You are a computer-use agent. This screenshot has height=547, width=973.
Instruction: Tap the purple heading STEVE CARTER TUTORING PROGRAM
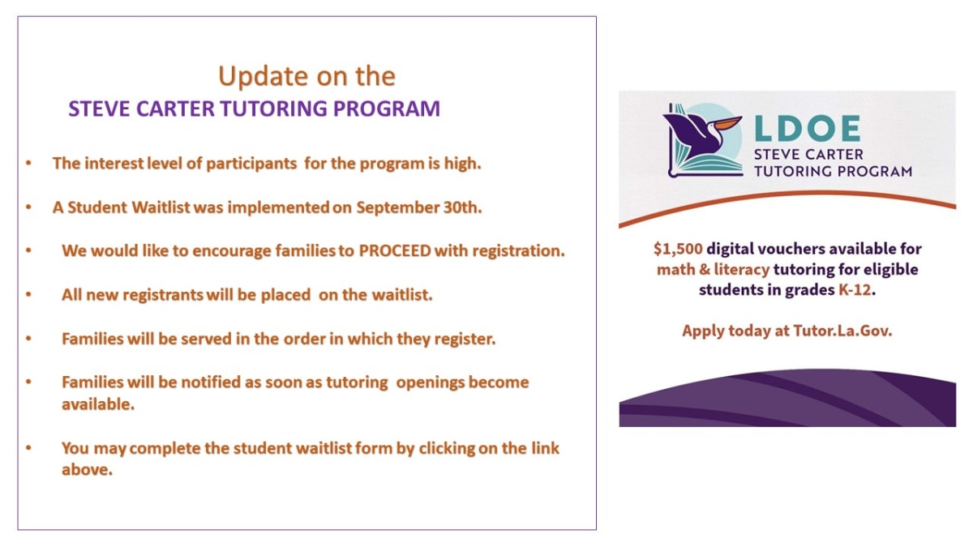click(254, 109)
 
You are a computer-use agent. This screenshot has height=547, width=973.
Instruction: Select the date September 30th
click(419, 207)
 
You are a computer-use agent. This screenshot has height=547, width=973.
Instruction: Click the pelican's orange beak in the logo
click(727, 123)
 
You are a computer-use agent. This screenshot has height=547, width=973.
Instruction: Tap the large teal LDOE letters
click(807, 129)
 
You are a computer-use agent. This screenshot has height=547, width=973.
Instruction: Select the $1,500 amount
click(678, 249)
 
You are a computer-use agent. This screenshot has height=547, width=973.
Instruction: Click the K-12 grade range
click(855, 289)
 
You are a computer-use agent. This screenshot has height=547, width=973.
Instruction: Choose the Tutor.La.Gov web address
click(842, 331)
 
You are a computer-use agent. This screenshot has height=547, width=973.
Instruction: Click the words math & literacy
click(713, 270)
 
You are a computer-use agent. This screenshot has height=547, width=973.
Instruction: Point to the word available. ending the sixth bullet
click(98, 404)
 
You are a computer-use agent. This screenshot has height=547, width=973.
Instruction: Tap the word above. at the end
click(87, 470)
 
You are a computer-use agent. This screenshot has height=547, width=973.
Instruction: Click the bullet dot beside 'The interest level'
click(28, 163)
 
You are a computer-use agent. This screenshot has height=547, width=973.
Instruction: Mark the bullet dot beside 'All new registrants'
click(28, 294)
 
